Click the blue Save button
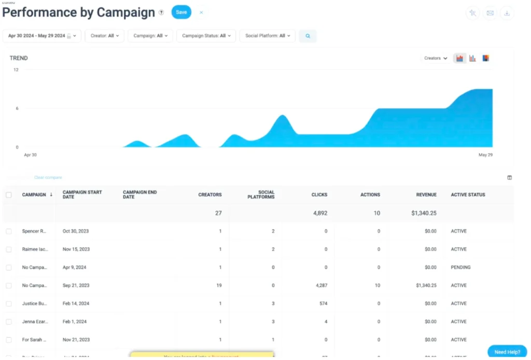tap(181, 12)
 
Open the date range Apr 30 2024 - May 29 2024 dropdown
tap(42, 36)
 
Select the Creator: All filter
tap(104, 36)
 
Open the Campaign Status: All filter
tap(206, 36)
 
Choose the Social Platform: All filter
tap(267, 36)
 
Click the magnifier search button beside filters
tap(308, 36)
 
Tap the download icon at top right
tap(507, 13)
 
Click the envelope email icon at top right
tap(490, 13)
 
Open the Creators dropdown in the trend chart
tap(436, 58)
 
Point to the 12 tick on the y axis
tap(16, 70)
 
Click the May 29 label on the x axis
tap(485, 155)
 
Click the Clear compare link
tap(48, 177)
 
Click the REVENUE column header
tap(426, 195)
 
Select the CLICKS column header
tap(319, 195)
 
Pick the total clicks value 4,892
tap(320, 213)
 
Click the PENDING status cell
tap(460, 267)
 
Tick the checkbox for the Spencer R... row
tap(9, 231)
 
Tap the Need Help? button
tap(507, 352)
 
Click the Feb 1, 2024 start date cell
tap(75, 322)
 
